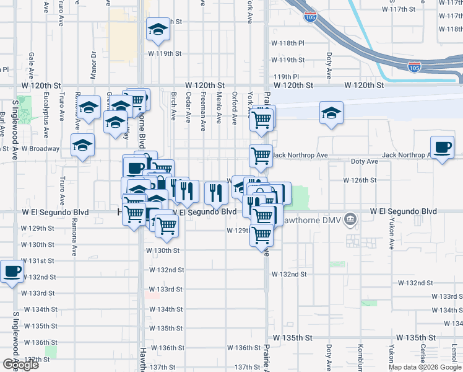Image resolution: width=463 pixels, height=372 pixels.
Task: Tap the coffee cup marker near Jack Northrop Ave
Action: [442, 148]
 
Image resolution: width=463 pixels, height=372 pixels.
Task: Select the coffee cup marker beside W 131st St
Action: [12, 271]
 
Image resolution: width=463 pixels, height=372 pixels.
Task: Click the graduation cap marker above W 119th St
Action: [158, 29]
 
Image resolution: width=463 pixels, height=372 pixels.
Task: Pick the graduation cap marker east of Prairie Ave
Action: [331, 113]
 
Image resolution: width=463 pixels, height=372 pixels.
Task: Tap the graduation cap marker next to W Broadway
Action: [82, 145]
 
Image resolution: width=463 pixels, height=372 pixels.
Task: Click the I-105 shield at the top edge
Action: [311, 15]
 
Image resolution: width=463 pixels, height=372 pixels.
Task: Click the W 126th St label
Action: [360, 180]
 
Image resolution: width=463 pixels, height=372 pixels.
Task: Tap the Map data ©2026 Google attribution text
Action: [425, 367]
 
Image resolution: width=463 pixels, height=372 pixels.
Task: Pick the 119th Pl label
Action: [286, 76]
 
